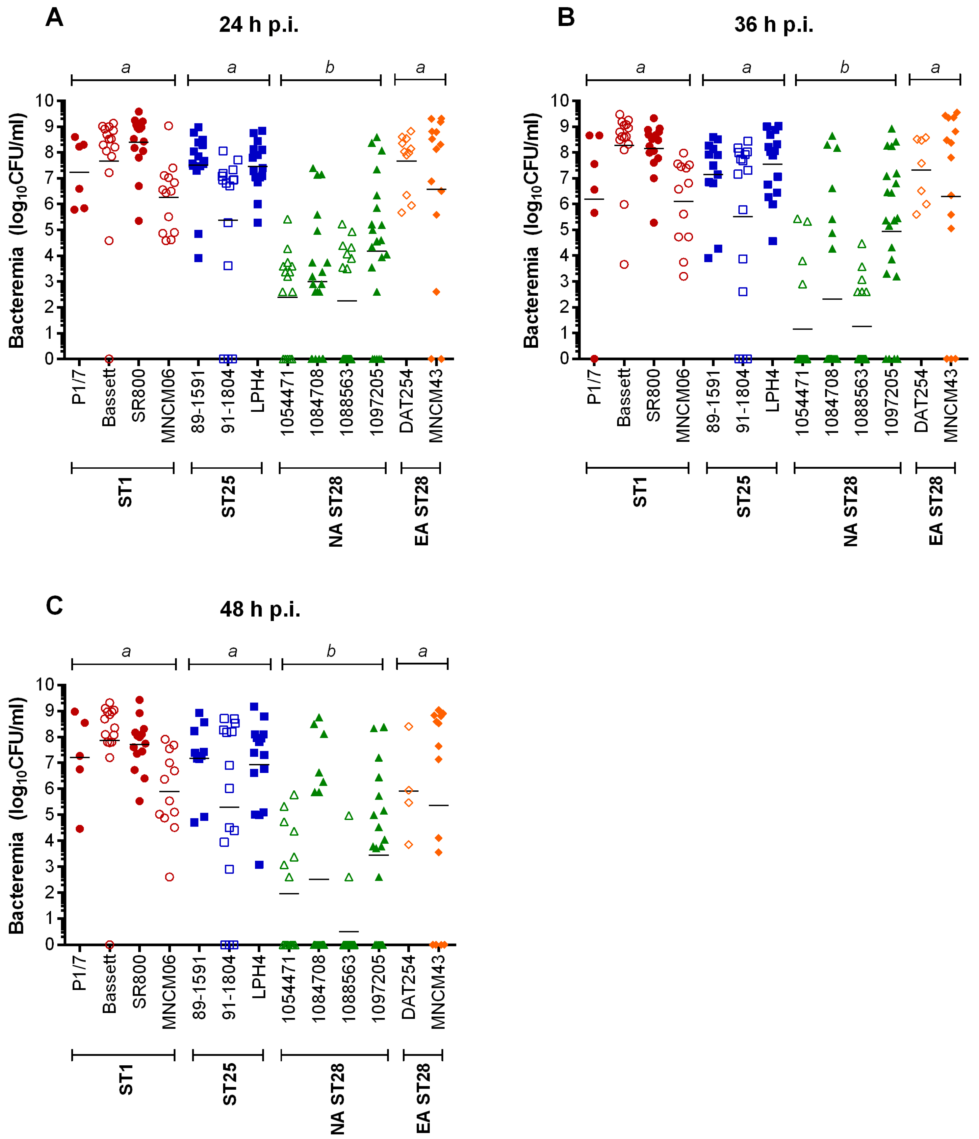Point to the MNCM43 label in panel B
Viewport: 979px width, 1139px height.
[951, 405]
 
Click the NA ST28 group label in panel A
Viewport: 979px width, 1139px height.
[336, 511]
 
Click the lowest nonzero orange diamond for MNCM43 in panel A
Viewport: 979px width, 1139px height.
[436, 292]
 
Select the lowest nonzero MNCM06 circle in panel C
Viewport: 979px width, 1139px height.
[169, 877]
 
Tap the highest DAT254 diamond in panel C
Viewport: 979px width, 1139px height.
[409, 727]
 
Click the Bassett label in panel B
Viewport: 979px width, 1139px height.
[624, 397]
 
